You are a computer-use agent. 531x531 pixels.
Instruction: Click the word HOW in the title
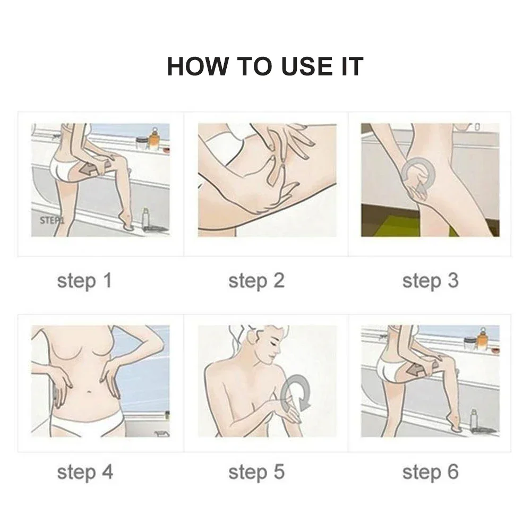click(198, 67)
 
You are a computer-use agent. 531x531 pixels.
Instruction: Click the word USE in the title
click(307, 67)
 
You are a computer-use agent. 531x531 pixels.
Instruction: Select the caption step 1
click(84, 281)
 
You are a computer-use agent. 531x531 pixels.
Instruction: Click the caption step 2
click(256, 281)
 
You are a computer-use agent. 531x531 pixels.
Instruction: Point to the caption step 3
click(431, 281)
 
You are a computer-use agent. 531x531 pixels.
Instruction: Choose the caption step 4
click(85, 473)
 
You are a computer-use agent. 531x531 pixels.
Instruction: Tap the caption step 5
click(256, 473)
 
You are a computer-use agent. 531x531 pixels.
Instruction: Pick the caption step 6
click(431, 473)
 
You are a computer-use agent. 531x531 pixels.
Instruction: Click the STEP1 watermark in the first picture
click(52, 220)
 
